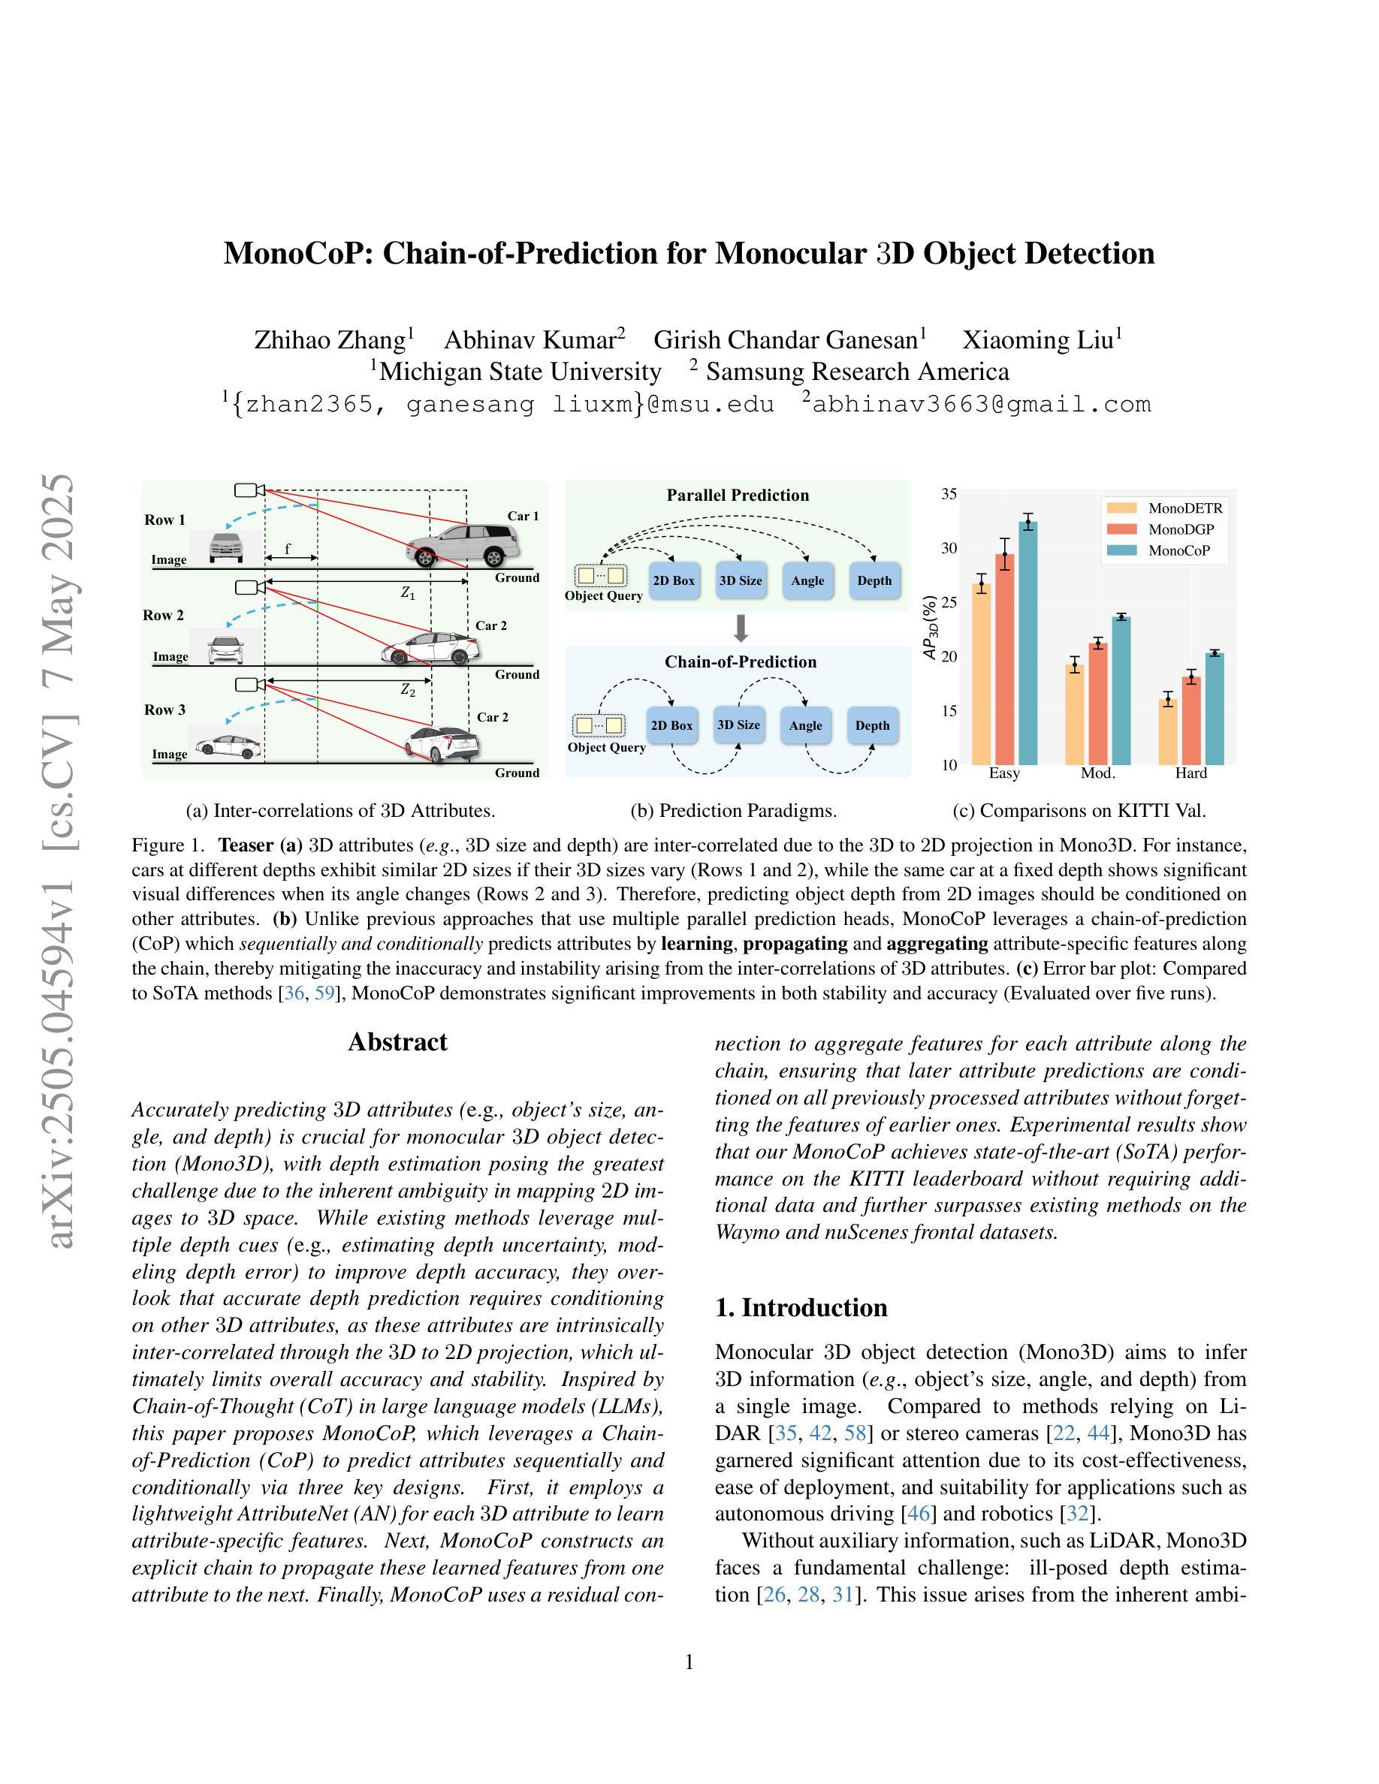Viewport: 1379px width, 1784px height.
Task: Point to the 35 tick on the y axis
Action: click(x=949, y=494)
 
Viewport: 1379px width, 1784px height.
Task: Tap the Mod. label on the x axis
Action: click(x=1098, y=773)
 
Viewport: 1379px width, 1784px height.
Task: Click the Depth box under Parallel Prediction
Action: click(x=874, y=581)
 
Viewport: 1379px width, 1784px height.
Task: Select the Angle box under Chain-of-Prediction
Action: click(x=805, y=725)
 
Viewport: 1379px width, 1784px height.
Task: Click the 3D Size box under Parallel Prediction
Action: click(x=740, y=581)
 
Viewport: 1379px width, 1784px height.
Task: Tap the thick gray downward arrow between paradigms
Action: click(x=741, y=628)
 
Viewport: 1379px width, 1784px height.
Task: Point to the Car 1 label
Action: click(x=523, y=517)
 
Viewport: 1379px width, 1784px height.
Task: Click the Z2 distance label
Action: click(x=408, y=690)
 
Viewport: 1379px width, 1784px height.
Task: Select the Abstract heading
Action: click(x=397, y=1042)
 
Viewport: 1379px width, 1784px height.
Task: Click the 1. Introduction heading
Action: click(x=801, y=1308)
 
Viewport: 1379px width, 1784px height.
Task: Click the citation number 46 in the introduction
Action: click(x=919, y=1514)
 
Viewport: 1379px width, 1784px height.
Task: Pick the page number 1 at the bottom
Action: click(x=689, y=1662)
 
